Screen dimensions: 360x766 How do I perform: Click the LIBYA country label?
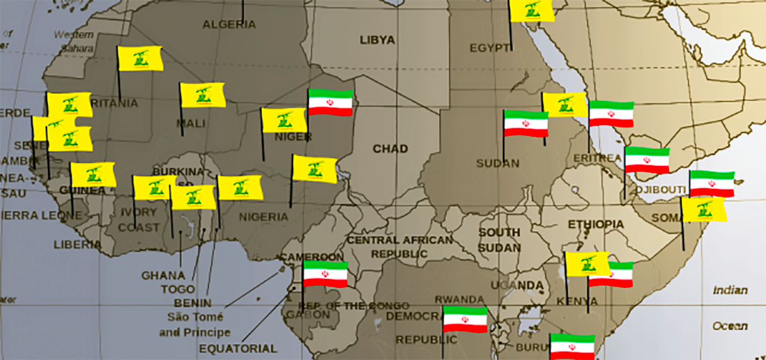377,40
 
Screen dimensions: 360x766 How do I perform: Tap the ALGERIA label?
229,25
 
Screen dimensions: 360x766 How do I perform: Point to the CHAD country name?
390,149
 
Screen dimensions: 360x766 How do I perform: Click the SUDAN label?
497,163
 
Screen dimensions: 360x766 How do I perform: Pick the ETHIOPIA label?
596,224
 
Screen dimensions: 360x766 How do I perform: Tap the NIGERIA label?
264,217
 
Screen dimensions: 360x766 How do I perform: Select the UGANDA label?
517,285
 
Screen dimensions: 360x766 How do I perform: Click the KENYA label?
577,301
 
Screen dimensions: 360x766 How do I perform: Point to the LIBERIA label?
77,244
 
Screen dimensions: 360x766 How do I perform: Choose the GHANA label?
163,276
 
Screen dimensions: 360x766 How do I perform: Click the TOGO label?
173,289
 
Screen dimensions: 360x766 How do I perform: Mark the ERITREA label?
597,158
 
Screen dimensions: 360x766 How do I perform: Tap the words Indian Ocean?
730,308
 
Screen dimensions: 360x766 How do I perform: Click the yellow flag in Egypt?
531,10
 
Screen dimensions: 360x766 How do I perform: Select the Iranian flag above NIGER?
331,102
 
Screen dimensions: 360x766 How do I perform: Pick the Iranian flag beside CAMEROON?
326,274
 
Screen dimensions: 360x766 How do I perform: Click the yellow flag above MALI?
202,94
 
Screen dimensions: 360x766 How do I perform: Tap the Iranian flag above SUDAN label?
526,124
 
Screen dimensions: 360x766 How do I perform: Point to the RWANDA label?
460,299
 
